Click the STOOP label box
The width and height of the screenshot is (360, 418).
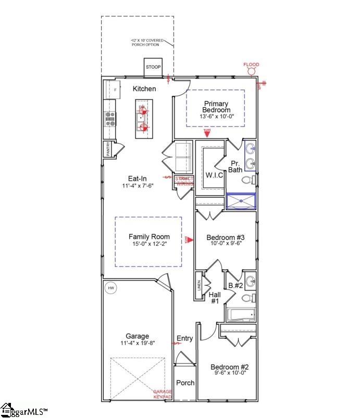153,67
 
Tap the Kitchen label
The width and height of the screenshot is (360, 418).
144,89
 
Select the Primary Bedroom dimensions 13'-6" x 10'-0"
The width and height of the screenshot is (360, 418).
216,117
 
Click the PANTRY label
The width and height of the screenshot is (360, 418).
108,149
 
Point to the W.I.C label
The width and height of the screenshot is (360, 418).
214,175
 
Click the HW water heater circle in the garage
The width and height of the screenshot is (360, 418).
110,288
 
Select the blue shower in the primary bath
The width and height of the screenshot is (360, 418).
241,201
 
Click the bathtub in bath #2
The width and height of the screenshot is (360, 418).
241,314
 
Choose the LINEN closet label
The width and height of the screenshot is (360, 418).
199,286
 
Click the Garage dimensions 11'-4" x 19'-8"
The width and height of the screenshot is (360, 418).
137,343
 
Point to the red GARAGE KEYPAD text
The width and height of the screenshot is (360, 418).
163,394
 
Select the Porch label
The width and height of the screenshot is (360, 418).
184,383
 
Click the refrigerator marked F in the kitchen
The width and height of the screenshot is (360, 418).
114,90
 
